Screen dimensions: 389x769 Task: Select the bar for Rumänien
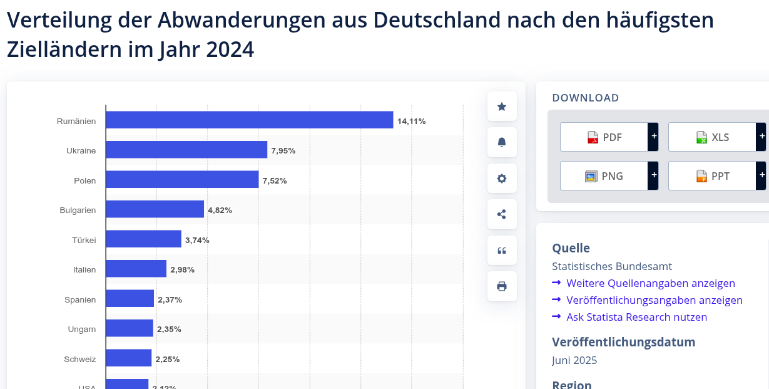(249, 120)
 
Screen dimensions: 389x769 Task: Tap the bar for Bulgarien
(155, 209)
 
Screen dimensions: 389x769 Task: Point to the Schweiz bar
(128, 358)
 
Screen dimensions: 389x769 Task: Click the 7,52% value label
(275, 180)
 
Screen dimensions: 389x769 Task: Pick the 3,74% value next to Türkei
(197, 240)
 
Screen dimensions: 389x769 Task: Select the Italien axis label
(84, 270)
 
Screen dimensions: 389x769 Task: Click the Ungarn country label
(82, 329)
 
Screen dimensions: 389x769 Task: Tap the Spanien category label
(80, 299)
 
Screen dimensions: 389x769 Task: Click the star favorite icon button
(502, 106)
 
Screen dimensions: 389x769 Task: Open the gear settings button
(502, 179)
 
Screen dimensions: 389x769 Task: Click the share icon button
(502, 214)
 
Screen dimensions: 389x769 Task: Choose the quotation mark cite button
(502, 251)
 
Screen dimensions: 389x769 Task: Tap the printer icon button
(502, 286)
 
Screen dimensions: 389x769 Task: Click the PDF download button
(604, 137)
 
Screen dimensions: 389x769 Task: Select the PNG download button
(604, 176)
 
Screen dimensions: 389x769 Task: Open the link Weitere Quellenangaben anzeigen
(650, 283)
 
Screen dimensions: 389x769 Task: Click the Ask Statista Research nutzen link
(636, 317)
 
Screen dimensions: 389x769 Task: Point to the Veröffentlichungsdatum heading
(623, 342)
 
